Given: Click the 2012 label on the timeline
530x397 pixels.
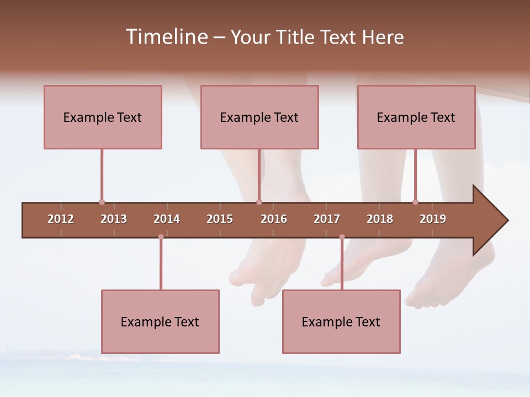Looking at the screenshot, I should tap(61, 219).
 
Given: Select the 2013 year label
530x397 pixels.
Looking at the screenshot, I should tap(114, 219).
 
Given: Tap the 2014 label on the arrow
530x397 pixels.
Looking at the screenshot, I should tap(167, 219).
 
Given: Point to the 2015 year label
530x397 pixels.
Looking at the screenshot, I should tap(220, 219).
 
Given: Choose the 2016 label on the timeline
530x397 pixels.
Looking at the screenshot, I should tap(274, 219).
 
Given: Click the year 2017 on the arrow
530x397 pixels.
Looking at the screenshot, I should tap(327, 219).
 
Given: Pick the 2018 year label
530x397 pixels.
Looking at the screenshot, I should tap(380, 219).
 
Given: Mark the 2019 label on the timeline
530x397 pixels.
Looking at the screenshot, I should tap(433, 219).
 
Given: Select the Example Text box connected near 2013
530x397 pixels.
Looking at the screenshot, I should tap(103, 117).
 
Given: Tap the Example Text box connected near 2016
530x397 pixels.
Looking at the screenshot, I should tap(259, 117).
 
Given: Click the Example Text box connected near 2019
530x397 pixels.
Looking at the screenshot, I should tap(416, 117).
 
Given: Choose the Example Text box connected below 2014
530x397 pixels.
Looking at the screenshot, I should tap(160, 321).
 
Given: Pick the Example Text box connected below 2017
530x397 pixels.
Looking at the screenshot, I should tap(341, 321).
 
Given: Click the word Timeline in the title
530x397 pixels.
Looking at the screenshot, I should tap(166, 37).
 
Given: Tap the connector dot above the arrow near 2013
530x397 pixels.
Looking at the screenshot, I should tap(102, 202).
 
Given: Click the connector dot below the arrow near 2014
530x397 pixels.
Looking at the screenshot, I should tap(161, 237).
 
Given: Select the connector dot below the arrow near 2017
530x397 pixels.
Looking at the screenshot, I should tap(342, 237).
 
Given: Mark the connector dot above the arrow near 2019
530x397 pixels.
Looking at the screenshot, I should tap(415, 202).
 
